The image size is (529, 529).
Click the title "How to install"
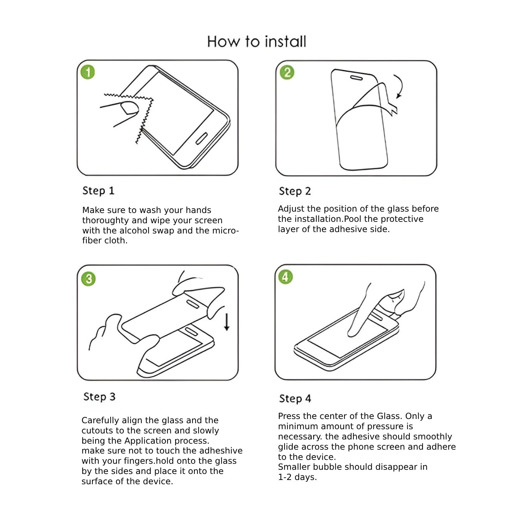(x=256, y=42)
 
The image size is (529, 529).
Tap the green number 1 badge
(x=87, y=72)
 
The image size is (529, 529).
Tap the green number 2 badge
(x=287, y=73)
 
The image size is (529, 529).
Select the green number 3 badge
(x=88, y=279)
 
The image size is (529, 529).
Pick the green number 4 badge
(x=285, y=277)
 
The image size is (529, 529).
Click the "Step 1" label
(x=98, y=191)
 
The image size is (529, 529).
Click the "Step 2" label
(x=294, y=191)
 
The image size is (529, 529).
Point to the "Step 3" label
(x=99, y=397)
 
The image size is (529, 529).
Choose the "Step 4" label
(x=295, y=399)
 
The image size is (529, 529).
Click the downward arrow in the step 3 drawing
(x=227, y=322)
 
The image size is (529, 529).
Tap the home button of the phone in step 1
(x=201, y=139)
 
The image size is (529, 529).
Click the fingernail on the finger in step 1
(x=129, y=108)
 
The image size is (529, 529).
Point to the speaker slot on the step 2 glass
(x=356, y=77)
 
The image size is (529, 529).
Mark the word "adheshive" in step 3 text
(x=221, y=451)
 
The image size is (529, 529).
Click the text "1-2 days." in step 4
(x=297, y=477)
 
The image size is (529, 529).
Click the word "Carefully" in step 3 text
(x=100, y=420)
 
